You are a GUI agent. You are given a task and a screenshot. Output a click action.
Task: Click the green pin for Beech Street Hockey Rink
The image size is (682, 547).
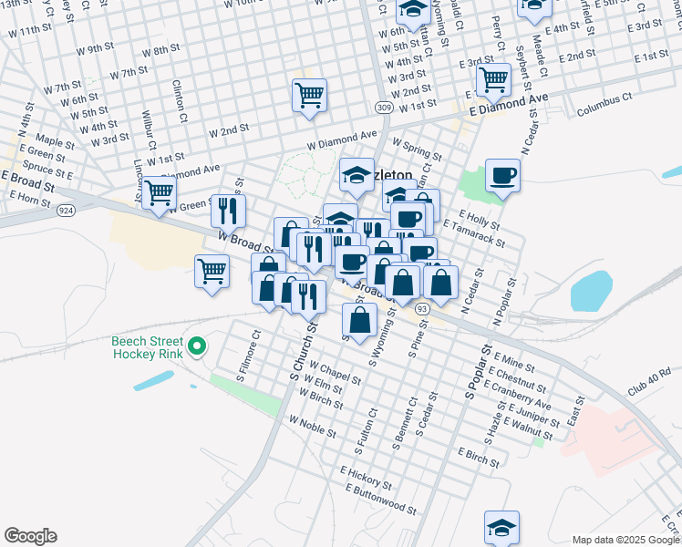pos(196,346)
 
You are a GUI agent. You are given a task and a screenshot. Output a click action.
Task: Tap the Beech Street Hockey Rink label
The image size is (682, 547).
pos(146,347)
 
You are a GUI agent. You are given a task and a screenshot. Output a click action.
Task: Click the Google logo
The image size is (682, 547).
pos(30,536)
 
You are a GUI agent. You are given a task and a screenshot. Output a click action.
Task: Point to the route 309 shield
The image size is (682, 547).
pos(384,108)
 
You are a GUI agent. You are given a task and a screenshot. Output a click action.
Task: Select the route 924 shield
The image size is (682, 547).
pos(65,211)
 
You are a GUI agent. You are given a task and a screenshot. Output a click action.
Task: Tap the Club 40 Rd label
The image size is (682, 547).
pos(648,377)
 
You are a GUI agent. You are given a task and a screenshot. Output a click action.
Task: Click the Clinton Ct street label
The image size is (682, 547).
pos(180,101)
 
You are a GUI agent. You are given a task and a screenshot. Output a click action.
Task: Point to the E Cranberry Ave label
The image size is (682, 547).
pos(520,394)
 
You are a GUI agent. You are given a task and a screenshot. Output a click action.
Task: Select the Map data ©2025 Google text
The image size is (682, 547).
pos(625,540)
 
